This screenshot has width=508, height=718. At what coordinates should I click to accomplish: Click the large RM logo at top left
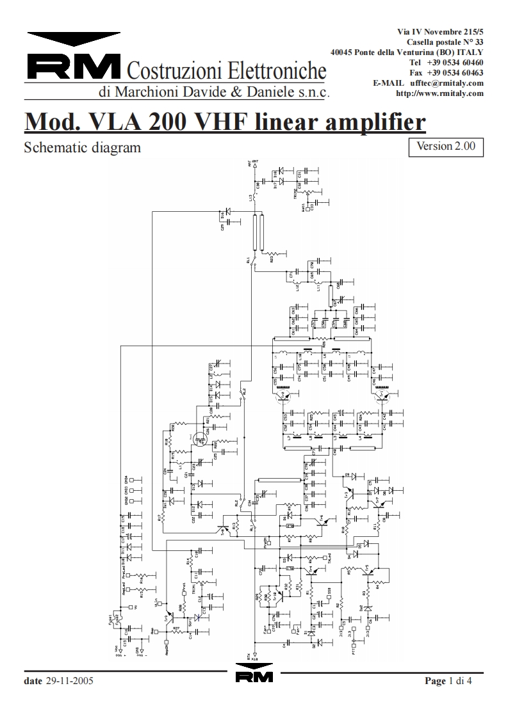pos(74,65)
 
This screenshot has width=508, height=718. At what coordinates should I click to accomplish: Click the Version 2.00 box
pos(445,146)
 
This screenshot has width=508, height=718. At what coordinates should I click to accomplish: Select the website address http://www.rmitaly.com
pos(439,93)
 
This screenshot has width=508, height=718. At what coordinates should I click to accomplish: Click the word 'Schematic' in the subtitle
pos(53,148)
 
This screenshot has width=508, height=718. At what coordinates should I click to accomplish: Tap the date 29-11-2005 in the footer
pos(70,681)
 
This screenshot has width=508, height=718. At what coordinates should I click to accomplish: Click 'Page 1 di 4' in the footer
pos(448,681)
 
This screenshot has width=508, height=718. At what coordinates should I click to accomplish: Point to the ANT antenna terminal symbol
pos(254,166)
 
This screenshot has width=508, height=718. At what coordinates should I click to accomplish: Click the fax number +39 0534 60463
pos(455,73)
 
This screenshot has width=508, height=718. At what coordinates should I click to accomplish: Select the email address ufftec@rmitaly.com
pos(447,83)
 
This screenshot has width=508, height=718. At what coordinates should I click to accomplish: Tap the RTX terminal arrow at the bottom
pos(254,653)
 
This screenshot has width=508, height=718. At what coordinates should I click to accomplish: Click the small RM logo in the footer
pos(254,677)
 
